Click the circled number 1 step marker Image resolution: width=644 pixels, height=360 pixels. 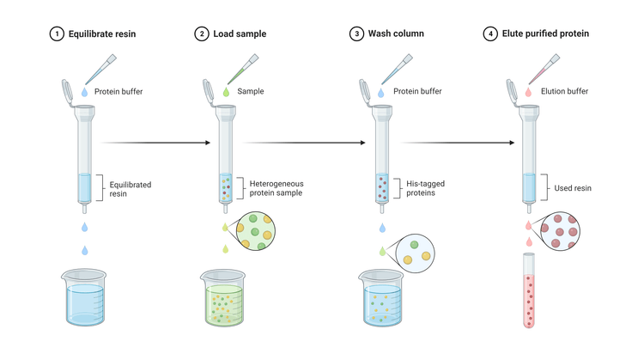(x=56, y=34)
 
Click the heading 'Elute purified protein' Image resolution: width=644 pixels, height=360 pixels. (x=546, y=34)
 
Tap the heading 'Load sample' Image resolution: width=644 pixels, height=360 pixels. (x=240, y=34)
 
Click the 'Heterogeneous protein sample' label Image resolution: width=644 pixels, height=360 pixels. (x=276, y=188)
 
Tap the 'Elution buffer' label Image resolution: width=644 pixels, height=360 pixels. (x=563, y=89)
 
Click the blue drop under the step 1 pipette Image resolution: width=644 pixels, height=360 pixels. (x=84, y=90)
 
